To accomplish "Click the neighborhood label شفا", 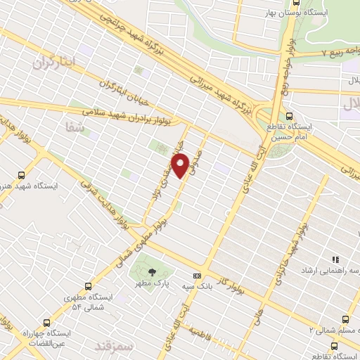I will [72, 128].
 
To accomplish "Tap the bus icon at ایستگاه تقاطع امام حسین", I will [290, 117].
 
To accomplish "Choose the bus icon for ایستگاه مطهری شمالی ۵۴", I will [88, 287].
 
